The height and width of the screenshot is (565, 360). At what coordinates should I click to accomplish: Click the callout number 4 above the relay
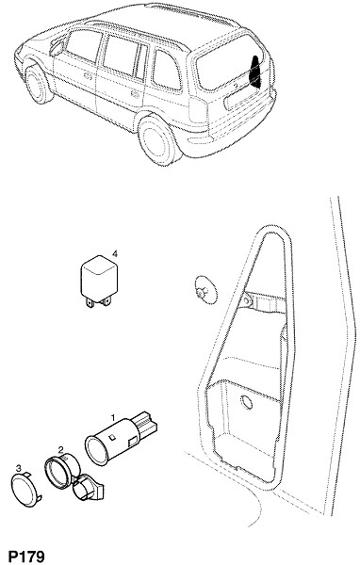pos(115,254)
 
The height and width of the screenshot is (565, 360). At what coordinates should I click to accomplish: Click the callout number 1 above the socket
pos(113,417)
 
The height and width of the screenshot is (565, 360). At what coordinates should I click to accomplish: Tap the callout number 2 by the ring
pos(61,449)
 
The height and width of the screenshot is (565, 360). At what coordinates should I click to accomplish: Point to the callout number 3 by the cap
pos(19,468)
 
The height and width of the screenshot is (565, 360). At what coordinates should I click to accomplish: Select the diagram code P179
pos(26,557)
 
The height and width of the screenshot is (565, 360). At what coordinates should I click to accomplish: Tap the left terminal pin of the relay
pos(90,303)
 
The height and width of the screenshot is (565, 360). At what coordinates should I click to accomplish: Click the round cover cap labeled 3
pos(25,491)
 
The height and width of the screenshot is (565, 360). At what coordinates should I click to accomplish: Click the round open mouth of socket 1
pos(97,450)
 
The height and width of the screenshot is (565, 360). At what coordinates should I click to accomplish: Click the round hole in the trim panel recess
pos(247,402)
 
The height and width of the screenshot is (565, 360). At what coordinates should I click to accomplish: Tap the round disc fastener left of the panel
pos(205,294)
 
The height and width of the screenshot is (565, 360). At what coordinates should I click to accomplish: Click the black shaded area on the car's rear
pos(255,72)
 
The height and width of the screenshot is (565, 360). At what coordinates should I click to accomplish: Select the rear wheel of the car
pos(158,139)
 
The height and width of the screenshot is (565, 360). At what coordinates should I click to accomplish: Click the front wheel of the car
pos(38,85)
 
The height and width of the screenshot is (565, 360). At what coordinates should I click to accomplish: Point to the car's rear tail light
pos(199,109)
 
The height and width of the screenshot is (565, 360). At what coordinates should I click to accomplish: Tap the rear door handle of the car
pos(135,95)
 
